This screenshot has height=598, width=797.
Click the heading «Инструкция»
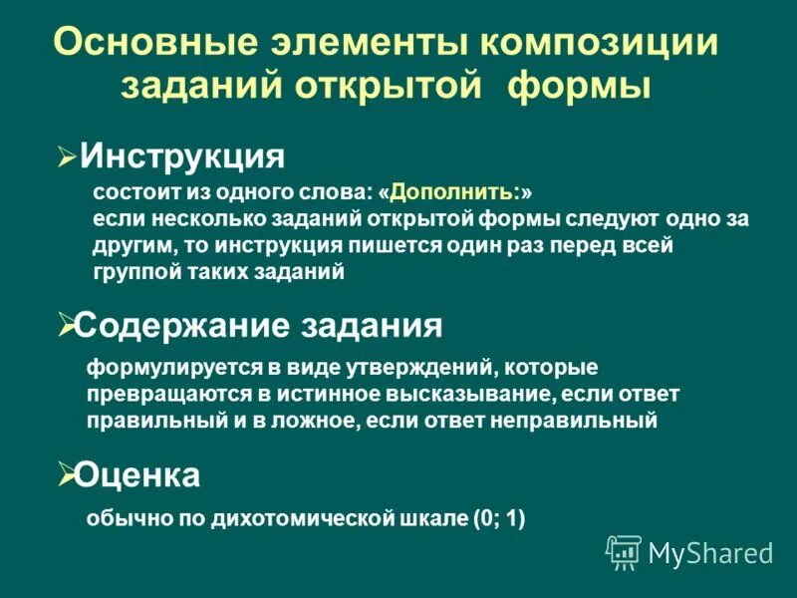click(x=182, y=154)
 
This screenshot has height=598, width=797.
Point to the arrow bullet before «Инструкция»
click(x=67, y=156)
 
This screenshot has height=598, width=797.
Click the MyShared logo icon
click(x=624, y=551)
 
